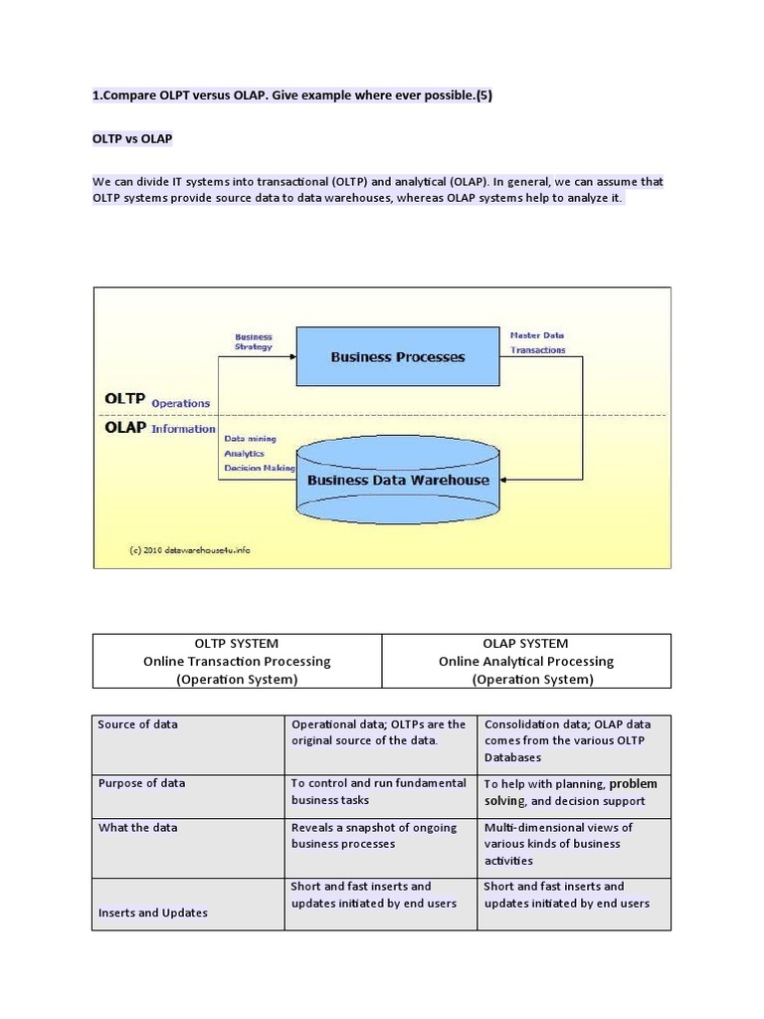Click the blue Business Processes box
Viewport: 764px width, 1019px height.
tap(397, 357)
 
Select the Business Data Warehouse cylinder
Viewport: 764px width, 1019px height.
tap(397, 480)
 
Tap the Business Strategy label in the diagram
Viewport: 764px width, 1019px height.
tap(254, 341)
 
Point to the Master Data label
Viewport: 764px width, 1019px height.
tap(537, 335)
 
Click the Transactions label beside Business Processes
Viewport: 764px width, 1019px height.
tap(538, 350)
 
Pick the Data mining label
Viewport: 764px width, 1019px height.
tap(250, 438)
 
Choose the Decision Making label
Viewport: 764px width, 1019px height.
tap(259, 468)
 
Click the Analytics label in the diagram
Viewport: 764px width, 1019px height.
tap(245, 453)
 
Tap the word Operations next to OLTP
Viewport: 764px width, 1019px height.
tap(180, 403)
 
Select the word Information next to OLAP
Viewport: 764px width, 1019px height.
tap(183, 429)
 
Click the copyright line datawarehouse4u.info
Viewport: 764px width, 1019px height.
tap(188, 549)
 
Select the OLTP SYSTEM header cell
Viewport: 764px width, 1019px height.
tap(237, 661)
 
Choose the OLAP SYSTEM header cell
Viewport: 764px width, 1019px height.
tap(526, 661)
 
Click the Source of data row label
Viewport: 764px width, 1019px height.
tap(137, 724)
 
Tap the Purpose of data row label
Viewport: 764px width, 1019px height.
tap(141, 783)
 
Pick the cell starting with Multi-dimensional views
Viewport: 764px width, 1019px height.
tap(557, 843)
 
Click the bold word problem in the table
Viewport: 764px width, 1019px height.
tap(633, 783)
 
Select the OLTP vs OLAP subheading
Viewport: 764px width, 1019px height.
tap(132, 138)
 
